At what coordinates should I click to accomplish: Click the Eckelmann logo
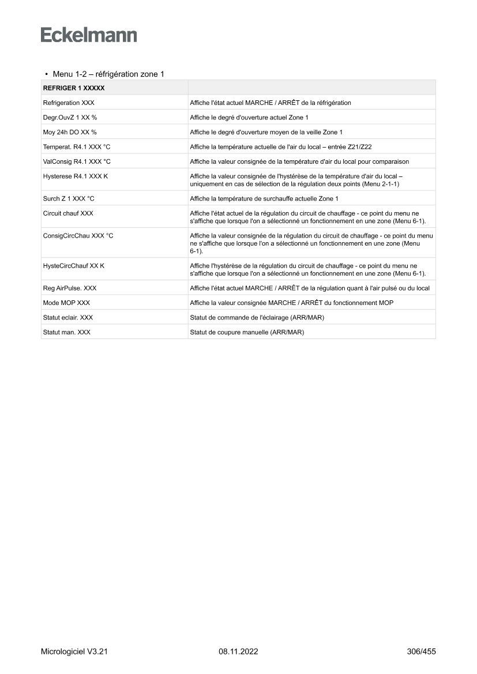point(89,35)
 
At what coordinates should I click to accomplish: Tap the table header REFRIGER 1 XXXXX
point(73,88)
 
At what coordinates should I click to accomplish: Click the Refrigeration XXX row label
point(69,103)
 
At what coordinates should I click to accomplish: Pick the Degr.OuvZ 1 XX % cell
point(70,117)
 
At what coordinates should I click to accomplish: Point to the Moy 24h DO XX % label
point(70,132)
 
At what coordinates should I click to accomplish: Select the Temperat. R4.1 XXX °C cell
point(77,147)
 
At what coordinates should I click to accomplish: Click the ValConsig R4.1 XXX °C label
point(77,161)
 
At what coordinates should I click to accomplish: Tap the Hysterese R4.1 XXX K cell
point(76,176)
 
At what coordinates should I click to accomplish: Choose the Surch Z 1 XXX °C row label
point(69,198)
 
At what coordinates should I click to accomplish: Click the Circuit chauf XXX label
point(68,213)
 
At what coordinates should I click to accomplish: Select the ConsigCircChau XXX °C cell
point(78,236)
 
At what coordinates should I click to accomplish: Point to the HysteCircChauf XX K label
point(74,266)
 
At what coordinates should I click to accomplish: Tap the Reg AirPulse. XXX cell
point(70,288)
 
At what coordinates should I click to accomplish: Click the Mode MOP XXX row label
point(66,303)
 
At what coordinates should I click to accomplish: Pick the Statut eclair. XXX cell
point(68,317)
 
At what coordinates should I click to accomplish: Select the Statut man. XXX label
point(67,332)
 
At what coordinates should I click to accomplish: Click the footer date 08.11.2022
point(238,652)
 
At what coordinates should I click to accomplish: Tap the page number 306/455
point(421,652)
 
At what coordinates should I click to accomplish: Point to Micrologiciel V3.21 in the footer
point(74,652)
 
